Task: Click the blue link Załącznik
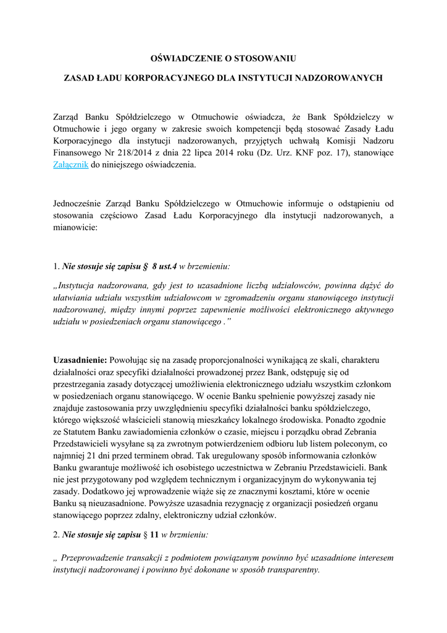(x=71, y=165)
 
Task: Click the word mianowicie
(x=75, y=227)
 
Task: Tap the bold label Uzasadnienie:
(x=80, y=359)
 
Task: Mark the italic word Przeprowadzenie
(x=93, y=558)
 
